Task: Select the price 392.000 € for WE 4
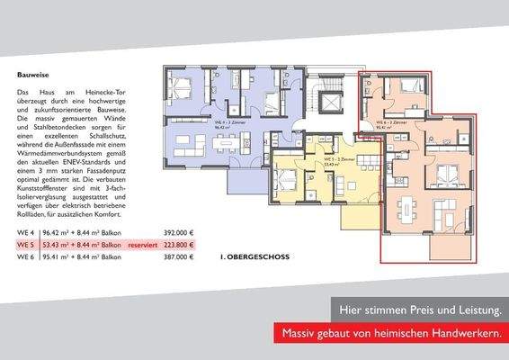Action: tap(178, 231)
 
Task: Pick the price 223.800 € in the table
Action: tap(178, 244)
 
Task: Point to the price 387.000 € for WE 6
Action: tap(178, 256)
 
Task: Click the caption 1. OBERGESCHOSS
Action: tap(254, 256)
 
